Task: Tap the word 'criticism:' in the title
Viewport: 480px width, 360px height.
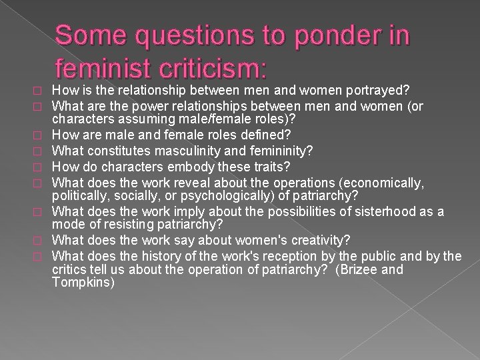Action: (x=220, y=69)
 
